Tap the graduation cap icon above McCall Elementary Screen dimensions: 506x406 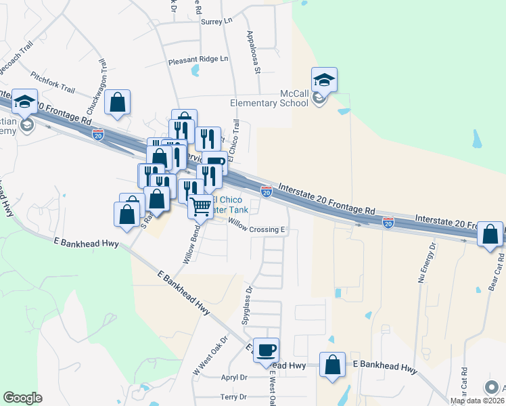pyautogui.click(x=325, y=81)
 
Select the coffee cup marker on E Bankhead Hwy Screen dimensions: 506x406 pyautogui.click(x=267, y=349)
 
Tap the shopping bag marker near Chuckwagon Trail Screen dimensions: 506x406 pyautogui.click(x=118, y=103)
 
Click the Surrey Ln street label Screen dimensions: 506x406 pyautogui.click(x=216, y=22)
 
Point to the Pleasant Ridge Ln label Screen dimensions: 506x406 pyautogui.click(x=198, y=60)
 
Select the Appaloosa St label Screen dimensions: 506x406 pyautogui.click(x=254, y=51)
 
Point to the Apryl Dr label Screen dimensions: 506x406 pyautogui.click(x=233, y=378)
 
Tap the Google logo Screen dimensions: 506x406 pyautogui.click(x=22, y=398)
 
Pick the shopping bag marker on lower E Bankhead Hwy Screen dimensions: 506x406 pyautogui.click(x=333, y=365)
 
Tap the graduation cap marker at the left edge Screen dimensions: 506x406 pyautogui.click(x=25, y=103)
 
